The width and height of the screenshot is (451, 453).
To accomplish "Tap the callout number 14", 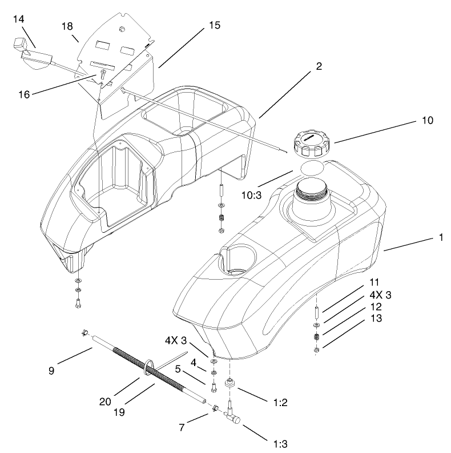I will tap(18, 19).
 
